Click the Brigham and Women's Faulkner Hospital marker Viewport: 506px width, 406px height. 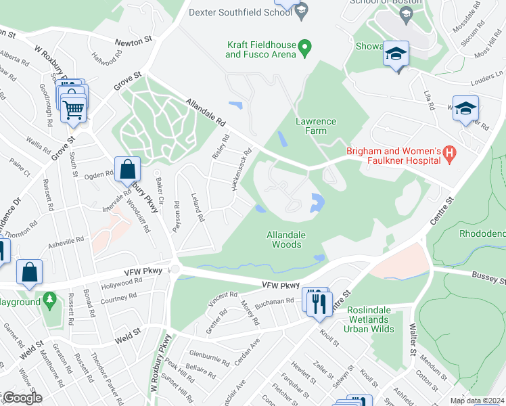click(448, 156)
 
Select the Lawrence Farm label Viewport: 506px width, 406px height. click(316, 126)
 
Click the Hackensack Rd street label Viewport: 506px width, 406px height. click(242, 169)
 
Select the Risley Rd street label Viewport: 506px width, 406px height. click(218, 146)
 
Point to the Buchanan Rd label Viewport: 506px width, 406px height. click(275, 300)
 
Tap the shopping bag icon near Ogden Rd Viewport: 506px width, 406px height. click(127, 169)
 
